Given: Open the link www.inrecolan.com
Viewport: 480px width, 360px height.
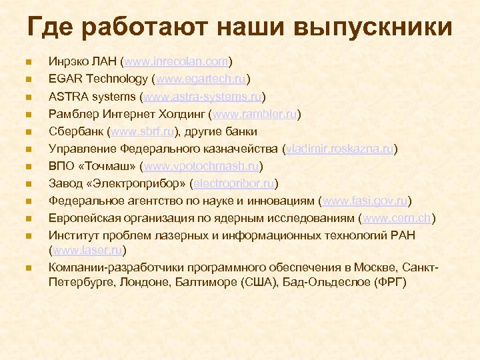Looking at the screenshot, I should (176, 62).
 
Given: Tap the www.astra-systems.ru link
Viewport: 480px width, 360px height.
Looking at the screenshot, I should (207, 97).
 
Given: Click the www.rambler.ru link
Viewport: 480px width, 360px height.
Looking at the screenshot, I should (255, 114).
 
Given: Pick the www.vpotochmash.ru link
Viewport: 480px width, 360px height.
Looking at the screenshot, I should (202, 166).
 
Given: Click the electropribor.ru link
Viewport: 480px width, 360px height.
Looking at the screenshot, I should (234, 183).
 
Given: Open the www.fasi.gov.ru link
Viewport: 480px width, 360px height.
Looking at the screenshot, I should (365, 201).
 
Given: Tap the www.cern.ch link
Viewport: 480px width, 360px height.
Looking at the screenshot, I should (397, 218).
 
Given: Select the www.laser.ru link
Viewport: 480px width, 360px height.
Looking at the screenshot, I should (87, 251).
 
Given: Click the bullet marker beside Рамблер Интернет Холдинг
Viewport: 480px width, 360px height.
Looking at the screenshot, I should (27, 115).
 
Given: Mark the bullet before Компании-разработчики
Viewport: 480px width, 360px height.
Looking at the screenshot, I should (27, 268).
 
